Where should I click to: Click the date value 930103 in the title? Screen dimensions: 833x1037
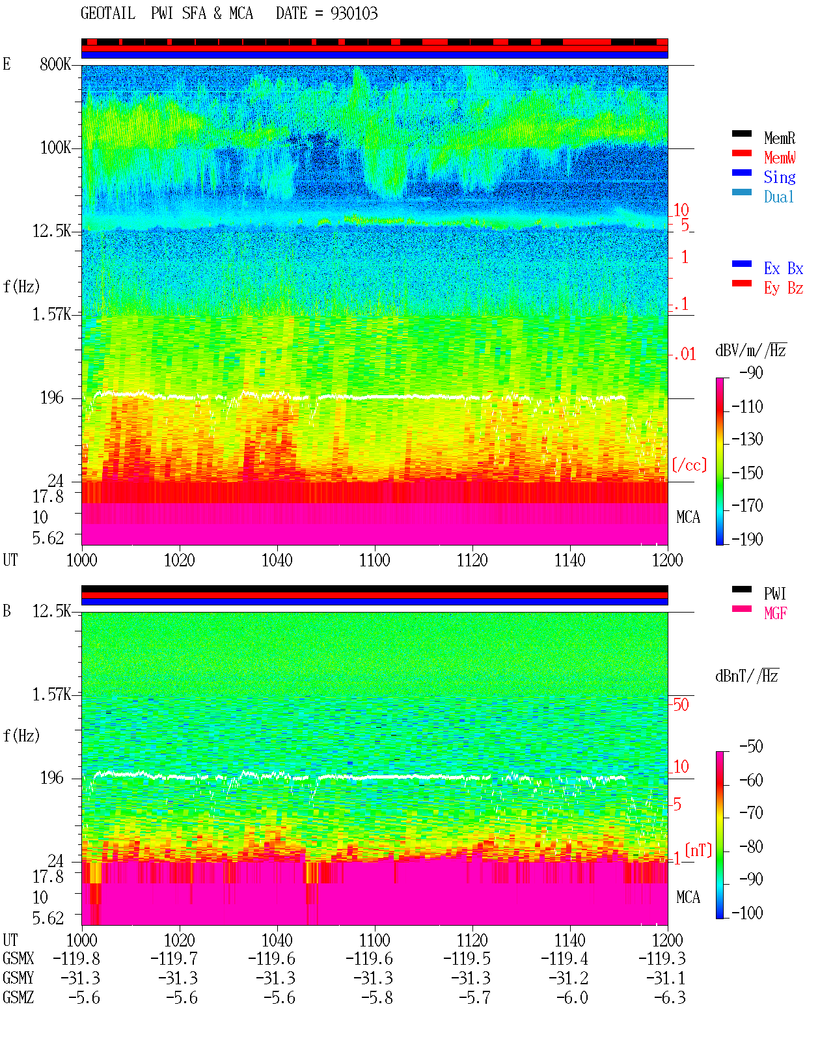pos(353,14)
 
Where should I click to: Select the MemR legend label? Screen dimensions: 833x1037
pos(779,138)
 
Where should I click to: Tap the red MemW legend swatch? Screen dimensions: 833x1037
pos(741,153)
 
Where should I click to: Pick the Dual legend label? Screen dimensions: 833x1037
pos(778,197)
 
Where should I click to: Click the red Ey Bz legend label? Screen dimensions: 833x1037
pos(783,288)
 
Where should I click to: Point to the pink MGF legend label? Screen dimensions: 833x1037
pos(775,613)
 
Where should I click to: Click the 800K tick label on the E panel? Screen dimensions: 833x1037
pos(55,64)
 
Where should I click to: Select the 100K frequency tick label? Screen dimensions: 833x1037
pos(55,148)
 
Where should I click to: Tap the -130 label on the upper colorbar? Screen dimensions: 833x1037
pos(747,439)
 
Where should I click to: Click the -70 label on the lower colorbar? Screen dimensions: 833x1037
pos(751,813)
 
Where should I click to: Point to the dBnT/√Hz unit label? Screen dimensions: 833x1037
pos(746,676)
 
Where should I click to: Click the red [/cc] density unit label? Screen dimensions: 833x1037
pos(689,465)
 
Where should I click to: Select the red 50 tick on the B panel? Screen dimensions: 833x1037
pos(681,705)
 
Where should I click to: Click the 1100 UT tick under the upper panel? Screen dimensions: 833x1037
pos(374,560)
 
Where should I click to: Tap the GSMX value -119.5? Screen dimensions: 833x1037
pos(467,959)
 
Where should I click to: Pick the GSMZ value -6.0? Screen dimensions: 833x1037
pos(572,997)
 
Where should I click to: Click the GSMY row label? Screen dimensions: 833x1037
pos(18,978)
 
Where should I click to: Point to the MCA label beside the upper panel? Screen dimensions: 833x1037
pos(688,517)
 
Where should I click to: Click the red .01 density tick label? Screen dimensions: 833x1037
pos(684,355)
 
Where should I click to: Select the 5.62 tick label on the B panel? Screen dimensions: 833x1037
pos(48,919)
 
